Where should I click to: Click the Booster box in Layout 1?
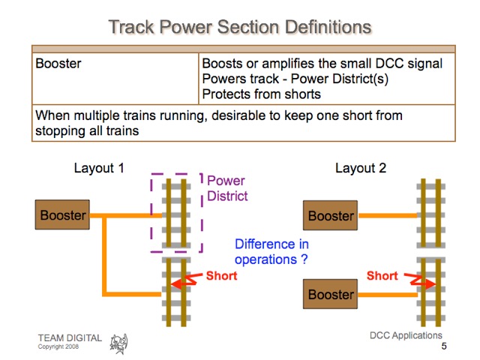63,215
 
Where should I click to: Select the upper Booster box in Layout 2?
331,215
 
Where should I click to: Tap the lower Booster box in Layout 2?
331,294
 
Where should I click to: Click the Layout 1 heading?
99,168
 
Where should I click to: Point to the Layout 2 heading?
361,168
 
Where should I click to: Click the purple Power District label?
226,188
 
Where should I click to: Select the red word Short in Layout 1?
222,276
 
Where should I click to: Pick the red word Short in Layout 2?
382,276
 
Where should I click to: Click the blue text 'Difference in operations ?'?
271,251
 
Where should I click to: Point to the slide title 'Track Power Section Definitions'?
240,28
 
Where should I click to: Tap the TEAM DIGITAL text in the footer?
70,337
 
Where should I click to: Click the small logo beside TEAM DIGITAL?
118,343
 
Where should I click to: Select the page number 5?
444,346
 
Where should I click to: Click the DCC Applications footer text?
406,335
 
